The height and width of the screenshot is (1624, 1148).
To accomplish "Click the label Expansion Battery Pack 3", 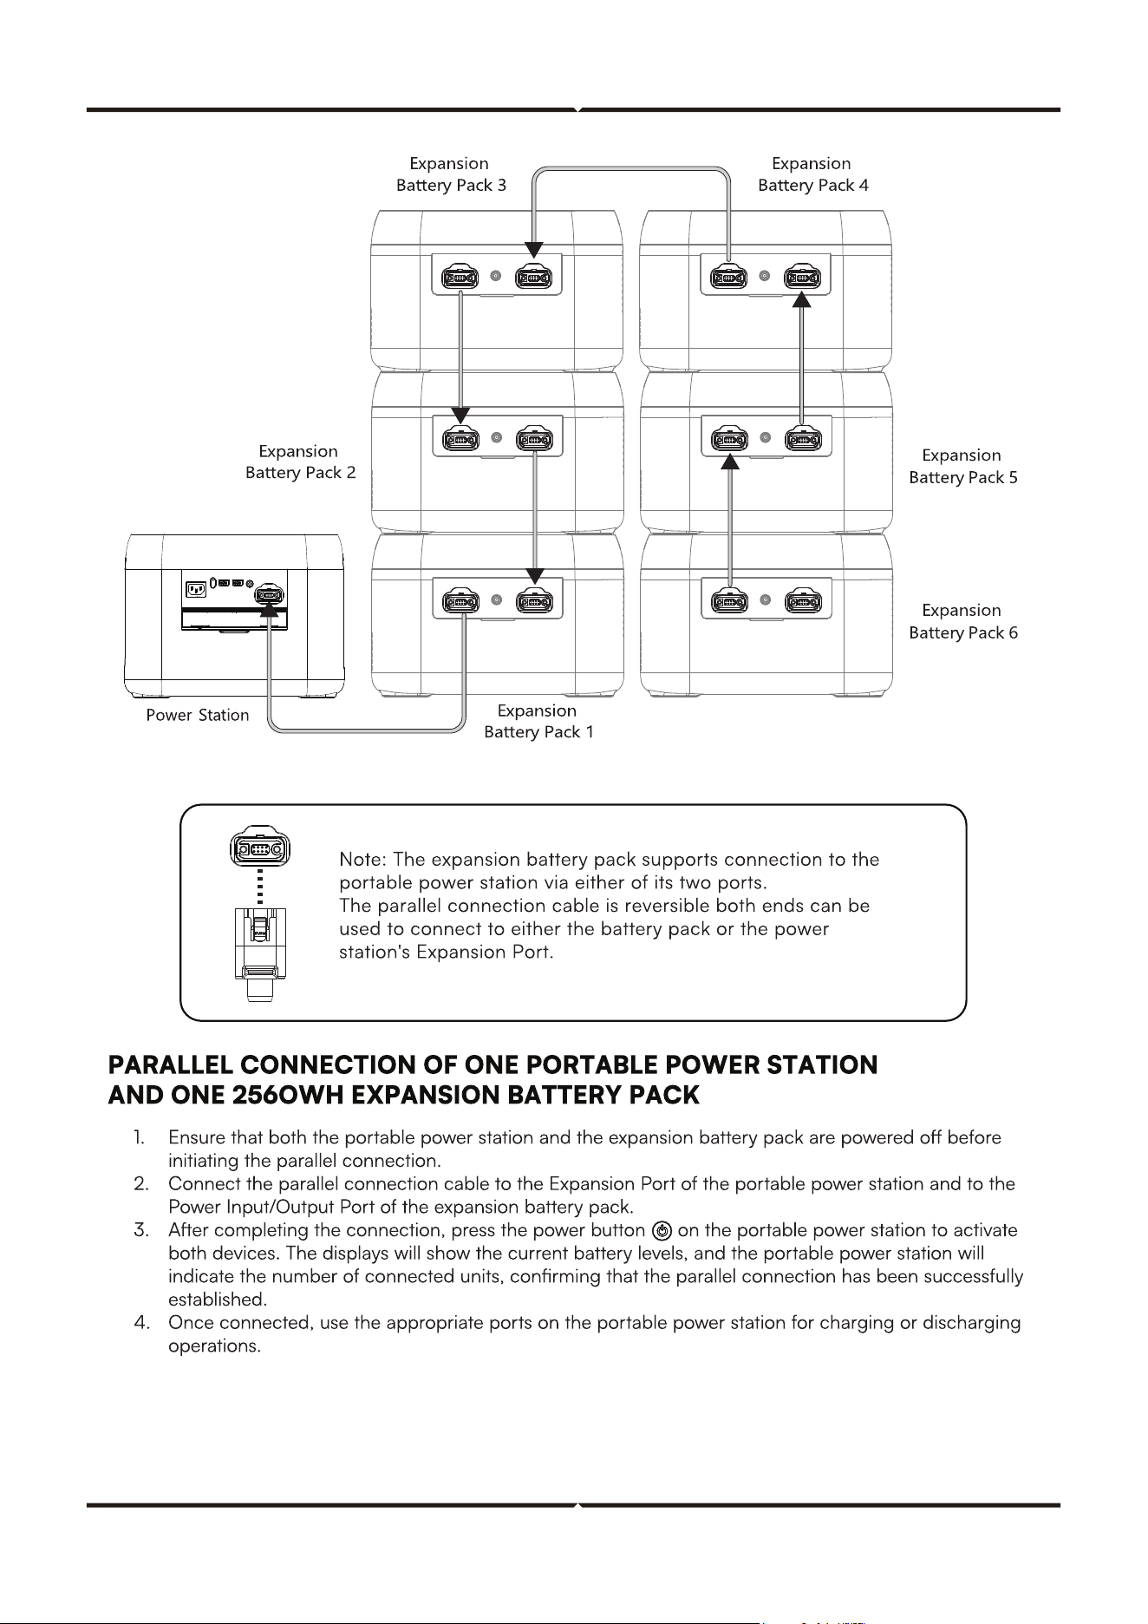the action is point(451,174).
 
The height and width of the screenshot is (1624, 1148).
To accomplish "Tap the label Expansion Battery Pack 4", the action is point(812,174).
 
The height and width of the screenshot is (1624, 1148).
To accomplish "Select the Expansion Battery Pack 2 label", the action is point(300,462).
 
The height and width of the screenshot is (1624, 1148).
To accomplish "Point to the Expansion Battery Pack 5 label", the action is point(962,466).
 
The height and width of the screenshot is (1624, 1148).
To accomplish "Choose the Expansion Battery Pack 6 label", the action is point(962,621).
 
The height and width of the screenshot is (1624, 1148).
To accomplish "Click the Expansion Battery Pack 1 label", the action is point(538,721).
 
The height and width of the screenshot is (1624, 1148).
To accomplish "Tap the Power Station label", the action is point(198,716).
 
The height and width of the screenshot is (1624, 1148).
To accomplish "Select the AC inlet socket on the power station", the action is point(196,590).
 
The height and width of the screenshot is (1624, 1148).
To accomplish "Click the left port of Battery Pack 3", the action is point(460,278).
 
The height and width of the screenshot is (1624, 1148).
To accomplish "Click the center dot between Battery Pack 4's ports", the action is point(764,277).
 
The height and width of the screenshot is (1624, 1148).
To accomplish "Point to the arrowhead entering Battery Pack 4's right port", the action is point(802,299).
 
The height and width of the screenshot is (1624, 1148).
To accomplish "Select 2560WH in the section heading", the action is point(283,1095).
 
